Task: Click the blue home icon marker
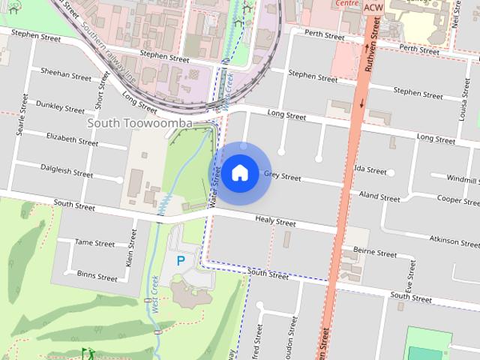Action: [x=239, y=173]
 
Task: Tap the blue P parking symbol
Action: [x=180, y=261]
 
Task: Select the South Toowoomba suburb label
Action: [x=139, y=123]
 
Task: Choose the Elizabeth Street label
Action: [x=72, y=139]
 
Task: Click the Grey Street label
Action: [x=282, y=177]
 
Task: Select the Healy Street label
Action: [x=275, y=222]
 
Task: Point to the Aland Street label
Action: [x=379, y=198]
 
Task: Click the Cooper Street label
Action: [x=457, y=201]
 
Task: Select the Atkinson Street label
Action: [x=454, y=241]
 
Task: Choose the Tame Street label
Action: [x=94, y=243]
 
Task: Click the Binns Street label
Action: [x=97, y=276]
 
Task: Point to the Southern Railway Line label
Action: [x=109, y=44]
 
